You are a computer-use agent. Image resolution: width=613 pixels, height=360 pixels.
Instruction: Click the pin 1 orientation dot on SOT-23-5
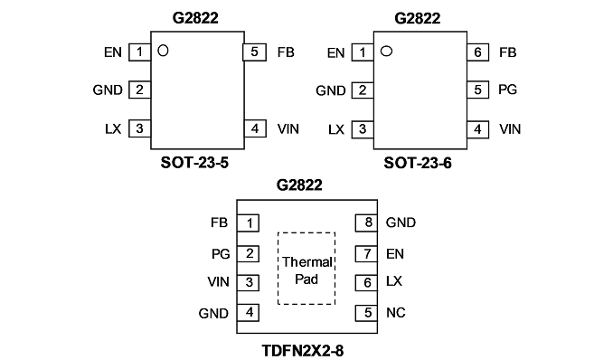tap(163, 51)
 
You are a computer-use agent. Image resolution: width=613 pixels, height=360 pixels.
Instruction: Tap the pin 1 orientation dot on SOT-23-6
tap(386, 51)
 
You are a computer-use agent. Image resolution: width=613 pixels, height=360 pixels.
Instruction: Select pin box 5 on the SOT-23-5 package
tap(254, 52)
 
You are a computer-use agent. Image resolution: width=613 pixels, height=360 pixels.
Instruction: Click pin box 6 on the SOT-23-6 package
tap(477, 52)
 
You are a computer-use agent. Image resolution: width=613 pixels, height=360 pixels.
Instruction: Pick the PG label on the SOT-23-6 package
tap(507, 90)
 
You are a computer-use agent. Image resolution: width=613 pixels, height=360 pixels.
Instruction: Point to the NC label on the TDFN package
tap(396, 313)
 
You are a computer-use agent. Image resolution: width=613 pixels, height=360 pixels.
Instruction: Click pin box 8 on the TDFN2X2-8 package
tap(366, 223)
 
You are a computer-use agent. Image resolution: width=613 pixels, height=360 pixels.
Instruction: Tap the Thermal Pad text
tap(306, 270)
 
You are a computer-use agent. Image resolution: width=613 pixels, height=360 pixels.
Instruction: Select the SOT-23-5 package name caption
tap(194, 163)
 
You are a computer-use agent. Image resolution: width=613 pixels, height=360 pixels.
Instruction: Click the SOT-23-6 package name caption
tap(418, 163)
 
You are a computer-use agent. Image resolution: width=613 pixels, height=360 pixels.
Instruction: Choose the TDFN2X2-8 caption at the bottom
tap(303, 351)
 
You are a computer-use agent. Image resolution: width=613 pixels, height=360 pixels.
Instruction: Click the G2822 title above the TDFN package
tap(299, 185)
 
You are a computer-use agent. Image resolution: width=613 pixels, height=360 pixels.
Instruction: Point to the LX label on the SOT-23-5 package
tap(113, 128)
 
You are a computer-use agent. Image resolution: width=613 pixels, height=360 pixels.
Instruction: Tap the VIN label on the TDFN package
tap(218, 281)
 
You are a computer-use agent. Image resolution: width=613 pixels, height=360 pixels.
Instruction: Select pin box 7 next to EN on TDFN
tap(366, 254)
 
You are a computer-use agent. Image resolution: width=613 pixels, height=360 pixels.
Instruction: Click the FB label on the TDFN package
tap(219, 223)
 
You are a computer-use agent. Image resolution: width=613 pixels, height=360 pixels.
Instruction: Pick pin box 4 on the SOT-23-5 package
tap(255, 128)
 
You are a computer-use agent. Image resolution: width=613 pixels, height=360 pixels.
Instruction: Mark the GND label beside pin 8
tap(401, 223)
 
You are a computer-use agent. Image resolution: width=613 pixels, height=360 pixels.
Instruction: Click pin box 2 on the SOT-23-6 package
tap(363, 90)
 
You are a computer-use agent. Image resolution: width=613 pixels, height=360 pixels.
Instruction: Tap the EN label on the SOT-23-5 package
tap(113, 52)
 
